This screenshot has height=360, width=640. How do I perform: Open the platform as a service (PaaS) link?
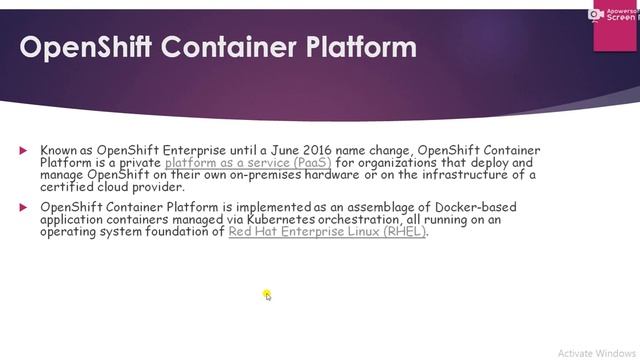pyautogui.click(x=248, y=162)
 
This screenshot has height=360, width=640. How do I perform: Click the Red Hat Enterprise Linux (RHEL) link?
pyautogui.click(x=327, y=231)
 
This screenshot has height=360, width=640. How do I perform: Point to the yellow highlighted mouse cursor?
pyautogui.click(x=267, y=294)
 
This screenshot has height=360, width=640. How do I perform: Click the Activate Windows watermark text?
pyautogui.click(x=597, y=352)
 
